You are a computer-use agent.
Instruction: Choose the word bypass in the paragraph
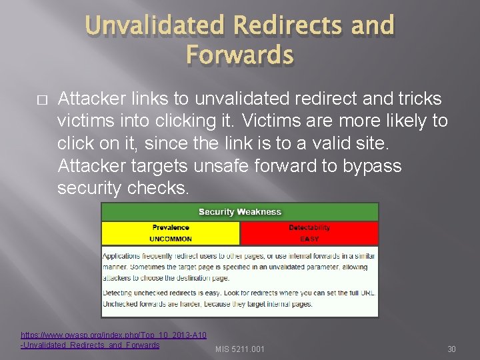click(x=372, y=166)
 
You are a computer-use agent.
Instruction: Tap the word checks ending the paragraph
click(x=159, y=188)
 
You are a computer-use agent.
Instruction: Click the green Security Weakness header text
click(x=240, y=212)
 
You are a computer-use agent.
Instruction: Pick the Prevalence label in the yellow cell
click(x=171, y=227)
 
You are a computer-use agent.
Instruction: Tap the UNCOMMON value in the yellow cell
click(x=171, y=239)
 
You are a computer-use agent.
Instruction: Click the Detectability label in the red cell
click(x=309, y=227)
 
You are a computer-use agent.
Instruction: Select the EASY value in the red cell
click(x=309, y=239)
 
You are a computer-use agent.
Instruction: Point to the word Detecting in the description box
click(x=119, y=293)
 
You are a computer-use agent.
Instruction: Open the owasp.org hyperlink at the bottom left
click(x=113, y=335)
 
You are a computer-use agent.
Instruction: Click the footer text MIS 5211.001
click(x=239, y=349)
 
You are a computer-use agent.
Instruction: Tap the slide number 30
click(x=451, y=349)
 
